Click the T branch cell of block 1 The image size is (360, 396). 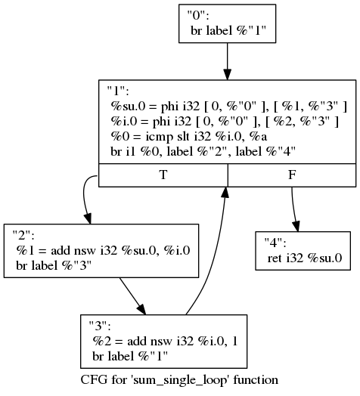[163, 175]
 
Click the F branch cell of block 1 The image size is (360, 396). [292, 175]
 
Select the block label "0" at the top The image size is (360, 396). [198, 16]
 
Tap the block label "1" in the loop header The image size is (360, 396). [118, 91]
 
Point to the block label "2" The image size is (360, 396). [23, 235]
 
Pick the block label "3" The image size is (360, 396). [100, 326]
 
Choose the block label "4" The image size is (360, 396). [275, 243]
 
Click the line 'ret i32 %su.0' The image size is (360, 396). [305, 258]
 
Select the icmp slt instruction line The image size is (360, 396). [188, 137]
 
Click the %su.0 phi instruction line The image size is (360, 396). [228, 107]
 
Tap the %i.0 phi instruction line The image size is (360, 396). [224, 122]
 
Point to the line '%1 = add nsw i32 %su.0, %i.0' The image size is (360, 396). [103, 251]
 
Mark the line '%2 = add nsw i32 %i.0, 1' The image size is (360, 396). [165, 341]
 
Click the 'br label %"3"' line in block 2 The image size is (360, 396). [54, 266]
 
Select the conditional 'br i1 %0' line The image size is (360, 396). [203, 152]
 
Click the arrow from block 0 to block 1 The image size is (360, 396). [228, 61]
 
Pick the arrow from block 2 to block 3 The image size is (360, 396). [132, 296]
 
